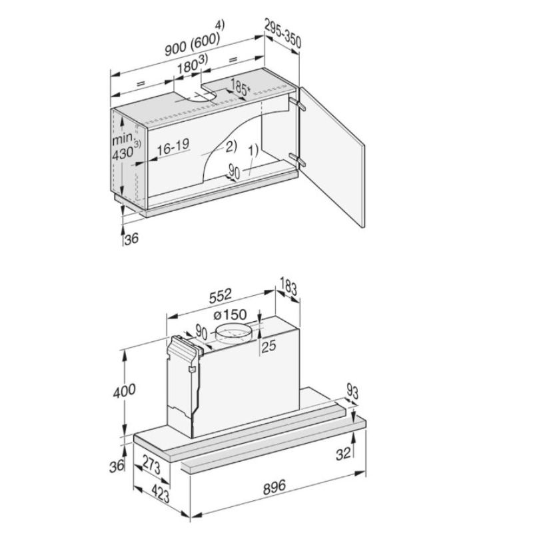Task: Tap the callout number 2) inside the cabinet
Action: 231,145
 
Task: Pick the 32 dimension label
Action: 344,454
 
